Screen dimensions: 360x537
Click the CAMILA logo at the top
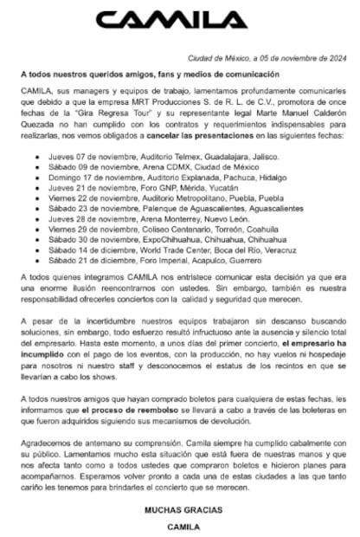click(181, 19)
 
